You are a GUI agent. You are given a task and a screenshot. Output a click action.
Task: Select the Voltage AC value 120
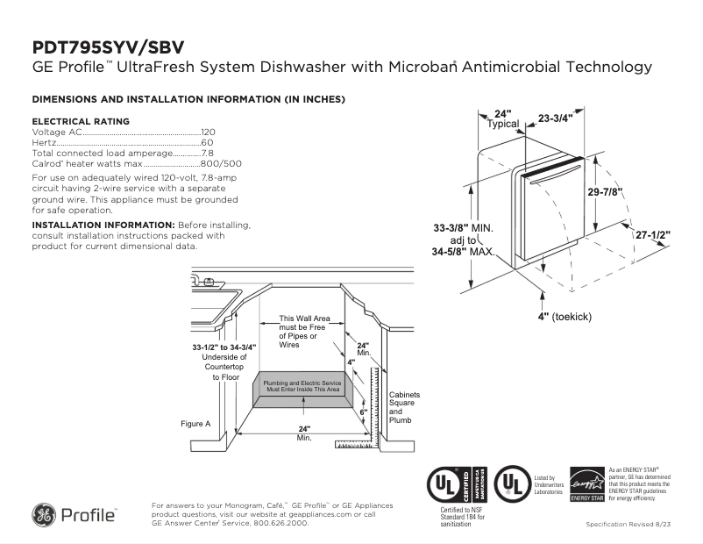point(208,132)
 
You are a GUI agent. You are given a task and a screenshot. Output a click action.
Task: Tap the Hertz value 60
point(207,142)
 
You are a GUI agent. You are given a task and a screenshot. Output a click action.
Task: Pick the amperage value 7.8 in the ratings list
point(207,153)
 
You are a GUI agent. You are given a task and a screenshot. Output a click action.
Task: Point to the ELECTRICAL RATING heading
point(81,121)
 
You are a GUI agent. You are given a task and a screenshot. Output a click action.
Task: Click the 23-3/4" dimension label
point(555,118)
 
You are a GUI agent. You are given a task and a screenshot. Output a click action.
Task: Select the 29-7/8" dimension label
point(606,192)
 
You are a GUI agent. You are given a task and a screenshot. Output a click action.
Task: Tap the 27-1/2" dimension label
point(653,235)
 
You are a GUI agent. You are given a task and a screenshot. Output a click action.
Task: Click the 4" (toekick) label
point(567,315)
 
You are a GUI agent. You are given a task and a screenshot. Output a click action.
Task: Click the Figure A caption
point(195,424)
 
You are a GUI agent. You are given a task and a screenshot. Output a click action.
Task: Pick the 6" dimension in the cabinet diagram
point(363,412)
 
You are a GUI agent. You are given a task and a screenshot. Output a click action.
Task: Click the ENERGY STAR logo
point(587,484)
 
